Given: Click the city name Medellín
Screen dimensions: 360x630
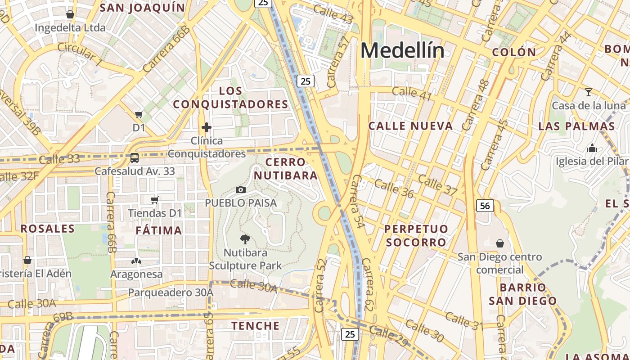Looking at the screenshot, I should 402,50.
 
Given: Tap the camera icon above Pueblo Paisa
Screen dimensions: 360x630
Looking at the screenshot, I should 241,190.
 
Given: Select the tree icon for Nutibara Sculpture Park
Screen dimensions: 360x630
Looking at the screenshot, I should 245,239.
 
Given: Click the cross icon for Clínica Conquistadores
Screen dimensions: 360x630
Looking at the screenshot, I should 207,128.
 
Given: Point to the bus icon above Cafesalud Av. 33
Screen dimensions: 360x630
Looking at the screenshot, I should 134,158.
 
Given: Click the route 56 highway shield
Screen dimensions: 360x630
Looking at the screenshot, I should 485,206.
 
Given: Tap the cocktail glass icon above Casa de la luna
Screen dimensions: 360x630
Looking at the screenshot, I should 588,93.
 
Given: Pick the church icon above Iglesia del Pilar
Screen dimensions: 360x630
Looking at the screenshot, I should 592,148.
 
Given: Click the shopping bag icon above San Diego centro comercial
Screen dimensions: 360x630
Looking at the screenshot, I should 499,243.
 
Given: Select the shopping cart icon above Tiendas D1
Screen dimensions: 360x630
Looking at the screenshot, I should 155,200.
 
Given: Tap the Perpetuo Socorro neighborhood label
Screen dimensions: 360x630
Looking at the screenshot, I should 416,236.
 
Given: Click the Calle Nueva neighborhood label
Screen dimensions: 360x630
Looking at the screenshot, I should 410,126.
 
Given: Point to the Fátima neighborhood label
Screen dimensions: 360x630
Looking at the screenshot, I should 159,230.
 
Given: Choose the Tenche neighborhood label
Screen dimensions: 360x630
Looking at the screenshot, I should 256,325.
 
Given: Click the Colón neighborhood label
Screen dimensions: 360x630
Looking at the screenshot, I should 514,52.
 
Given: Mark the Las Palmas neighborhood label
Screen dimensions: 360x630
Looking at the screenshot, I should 577,126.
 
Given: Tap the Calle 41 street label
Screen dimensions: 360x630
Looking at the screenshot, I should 412,94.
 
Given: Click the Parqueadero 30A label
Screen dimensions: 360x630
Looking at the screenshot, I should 171,292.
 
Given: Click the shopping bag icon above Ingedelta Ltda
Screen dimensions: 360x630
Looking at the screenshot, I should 70,14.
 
